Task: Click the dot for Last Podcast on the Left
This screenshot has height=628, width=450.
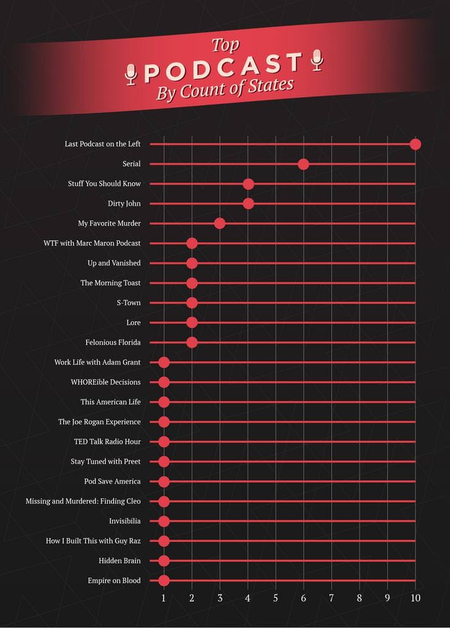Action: click(x=415, y=144)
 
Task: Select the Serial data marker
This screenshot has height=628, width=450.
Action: click(x=303, y=164)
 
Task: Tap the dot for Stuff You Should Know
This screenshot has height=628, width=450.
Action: click(x=248, y=184)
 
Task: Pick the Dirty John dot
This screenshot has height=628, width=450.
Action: click(x=248, y=204)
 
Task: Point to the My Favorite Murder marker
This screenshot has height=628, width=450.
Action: click(x=219, y=224)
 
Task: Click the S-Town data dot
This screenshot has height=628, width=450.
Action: click(x=192, y=303)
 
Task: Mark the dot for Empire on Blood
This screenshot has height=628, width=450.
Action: click(x=164, y=580)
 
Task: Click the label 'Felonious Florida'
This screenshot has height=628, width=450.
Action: click(x=113, y=342)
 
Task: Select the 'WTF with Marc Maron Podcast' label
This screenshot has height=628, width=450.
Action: click(x=92, y=243)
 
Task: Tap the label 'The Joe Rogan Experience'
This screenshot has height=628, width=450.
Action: click(x=100, y=422)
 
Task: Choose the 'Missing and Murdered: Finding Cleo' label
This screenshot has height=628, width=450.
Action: click(x=83, y=501)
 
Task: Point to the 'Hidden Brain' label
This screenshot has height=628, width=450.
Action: click(x=119, y=561)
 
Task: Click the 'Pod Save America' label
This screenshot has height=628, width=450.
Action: click(x=112, y=481)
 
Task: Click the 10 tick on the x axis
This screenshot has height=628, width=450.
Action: click(x=415, y=598)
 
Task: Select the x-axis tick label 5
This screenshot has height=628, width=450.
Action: click(x=276, y=598)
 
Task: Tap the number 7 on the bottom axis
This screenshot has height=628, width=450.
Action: click(x=331, y=598)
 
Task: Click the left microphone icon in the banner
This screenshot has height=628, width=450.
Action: click(x=130, y=74)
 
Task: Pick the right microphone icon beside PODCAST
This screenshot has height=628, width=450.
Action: click(x=317, y=59)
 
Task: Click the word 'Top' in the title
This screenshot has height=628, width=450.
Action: click(x=225, y=46)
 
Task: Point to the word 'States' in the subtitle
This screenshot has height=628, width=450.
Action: click(x=270, y=86)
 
